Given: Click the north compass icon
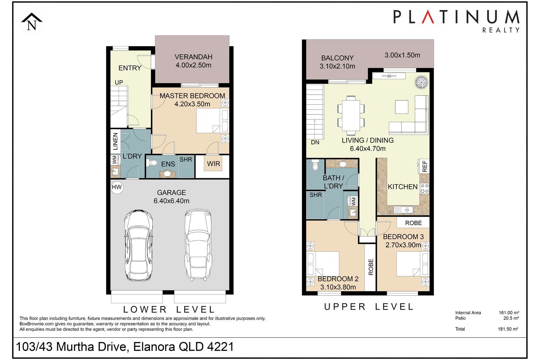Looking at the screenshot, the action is (x=32, y=22).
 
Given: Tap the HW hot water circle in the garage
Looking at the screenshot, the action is (x=117, y=187).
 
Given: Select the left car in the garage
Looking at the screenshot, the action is (x=138, y=245).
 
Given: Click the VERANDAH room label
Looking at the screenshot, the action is (x=193, y=57).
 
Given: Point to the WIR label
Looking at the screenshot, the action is (x=213, y=164).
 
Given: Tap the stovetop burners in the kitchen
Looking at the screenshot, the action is (x=425, y=188).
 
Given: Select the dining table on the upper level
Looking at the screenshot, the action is (x=351, y=115).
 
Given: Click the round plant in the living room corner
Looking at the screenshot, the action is (x=422, y=82).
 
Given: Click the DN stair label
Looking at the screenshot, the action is (x=315, y=142).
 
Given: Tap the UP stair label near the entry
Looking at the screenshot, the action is (x=119, y=82).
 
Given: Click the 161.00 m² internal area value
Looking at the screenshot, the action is (x=509, y=313).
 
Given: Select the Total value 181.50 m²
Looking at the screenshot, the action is (x=508, y=329).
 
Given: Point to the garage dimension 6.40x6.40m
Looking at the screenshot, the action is (x=171, y=201).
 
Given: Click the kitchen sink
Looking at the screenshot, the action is (x=403, y=210).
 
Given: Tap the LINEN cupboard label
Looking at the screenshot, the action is (x=116, y=141).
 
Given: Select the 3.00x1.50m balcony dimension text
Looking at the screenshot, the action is (x=402, y=55).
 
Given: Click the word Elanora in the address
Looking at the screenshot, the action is (x=154, y=347).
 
